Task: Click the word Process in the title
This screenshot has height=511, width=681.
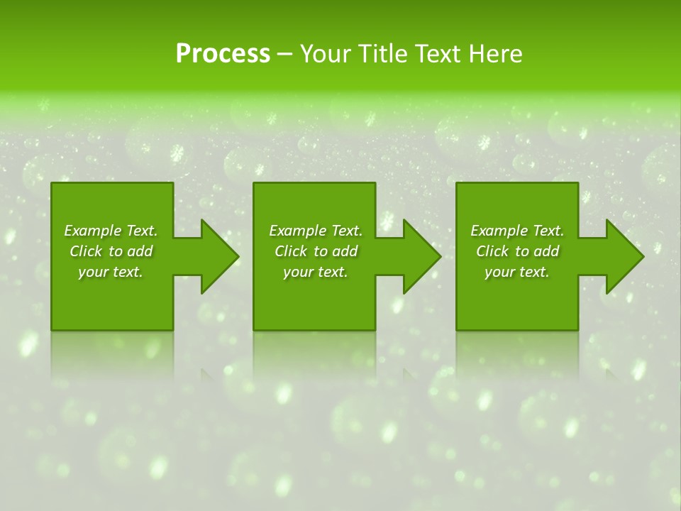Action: point(223,54)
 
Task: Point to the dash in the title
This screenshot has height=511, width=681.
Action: point(285,55)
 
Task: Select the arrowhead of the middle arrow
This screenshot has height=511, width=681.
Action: point(421,256)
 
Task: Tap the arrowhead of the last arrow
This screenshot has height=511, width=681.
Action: point(624,256)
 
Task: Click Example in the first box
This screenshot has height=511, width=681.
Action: point(92,231)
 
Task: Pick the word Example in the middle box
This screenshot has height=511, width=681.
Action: point(297,231)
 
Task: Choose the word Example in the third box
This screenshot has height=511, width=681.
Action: point(499,231)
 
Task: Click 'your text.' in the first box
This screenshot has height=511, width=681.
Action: point(111,272)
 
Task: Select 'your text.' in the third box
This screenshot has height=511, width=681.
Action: point(517,272)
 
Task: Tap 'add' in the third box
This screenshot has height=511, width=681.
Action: point(546,251)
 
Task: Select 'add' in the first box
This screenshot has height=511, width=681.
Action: point(140,251)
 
